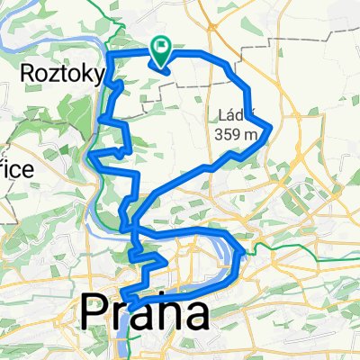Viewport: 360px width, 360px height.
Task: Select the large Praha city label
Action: (x=145, y=314)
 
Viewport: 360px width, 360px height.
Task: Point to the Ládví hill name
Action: (x=237, y=115)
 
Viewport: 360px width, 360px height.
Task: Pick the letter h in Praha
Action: (x=162, y=314)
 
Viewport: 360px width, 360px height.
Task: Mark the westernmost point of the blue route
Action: (x=91, y=157)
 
